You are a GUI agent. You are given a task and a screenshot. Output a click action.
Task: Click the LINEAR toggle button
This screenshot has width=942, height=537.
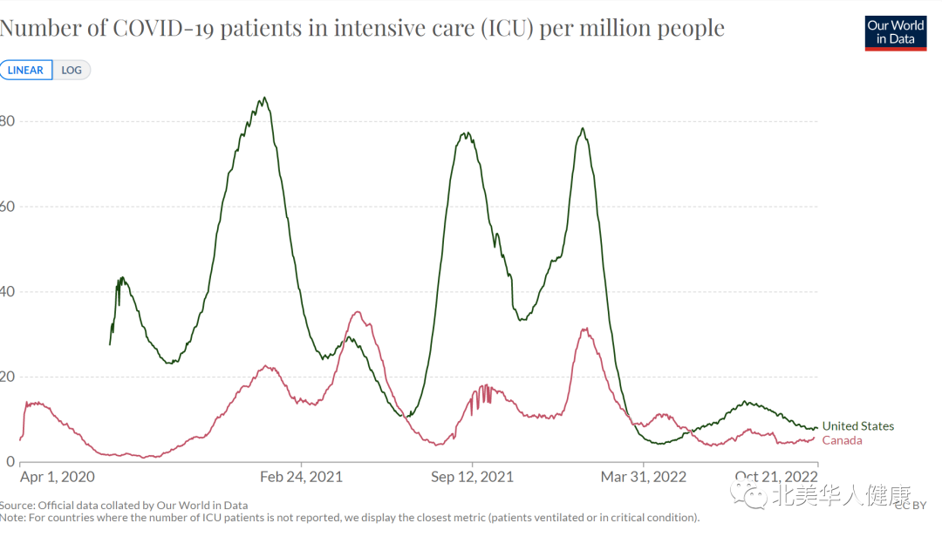click(x=26, y=71)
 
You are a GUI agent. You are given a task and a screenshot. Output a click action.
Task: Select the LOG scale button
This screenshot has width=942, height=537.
click(x=72, y=71)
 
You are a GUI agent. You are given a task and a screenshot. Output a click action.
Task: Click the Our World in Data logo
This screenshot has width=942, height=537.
click(x=895, y=32)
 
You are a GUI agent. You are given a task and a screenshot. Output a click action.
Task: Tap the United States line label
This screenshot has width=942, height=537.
click(x=857, y=426)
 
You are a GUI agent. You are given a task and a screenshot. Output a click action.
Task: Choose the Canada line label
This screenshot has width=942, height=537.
click(x=842, y=440)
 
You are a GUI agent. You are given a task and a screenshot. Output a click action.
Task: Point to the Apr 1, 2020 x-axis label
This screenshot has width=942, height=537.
click(x=58, y=477)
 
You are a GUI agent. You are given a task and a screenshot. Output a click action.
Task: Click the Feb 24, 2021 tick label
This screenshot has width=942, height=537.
click(x=302, y=477)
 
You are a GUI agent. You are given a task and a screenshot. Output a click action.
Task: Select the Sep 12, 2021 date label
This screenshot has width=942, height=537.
click(x=472, y=477)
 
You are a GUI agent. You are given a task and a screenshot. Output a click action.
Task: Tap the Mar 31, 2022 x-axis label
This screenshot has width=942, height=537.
click(x=643, y=477)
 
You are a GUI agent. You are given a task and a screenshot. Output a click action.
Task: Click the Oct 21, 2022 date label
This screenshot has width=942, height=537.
click(x=776, y=477)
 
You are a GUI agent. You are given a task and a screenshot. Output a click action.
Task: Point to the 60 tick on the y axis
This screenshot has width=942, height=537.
click(x=8, y=207)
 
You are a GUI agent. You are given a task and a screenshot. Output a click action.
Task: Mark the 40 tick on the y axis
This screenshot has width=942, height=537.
click(x=8, y=292)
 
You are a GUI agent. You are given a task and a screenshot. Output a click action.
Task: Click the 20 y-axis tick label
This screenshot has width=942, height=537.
click(x=8, y=377)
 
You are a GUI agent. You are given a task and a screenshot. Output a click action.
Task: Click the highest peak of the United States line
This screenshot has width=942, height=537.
click(x=264, y=98)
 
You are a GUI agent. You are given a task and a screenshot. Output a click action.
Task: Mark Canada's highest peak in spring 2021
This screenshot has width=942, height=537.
click(x=357, y=312)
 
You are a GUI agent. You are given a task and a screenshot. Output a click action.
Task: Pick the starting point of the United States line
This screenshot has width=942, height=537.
click(x=110, y=344)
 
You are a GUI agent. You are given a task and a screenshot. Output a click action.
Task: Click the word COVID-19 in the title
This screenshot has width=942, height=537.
click(x=164, y=28)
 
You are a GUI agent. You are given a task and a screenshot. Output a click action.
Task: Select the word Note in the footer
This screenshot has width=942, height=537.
click(x=12, y=518)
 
